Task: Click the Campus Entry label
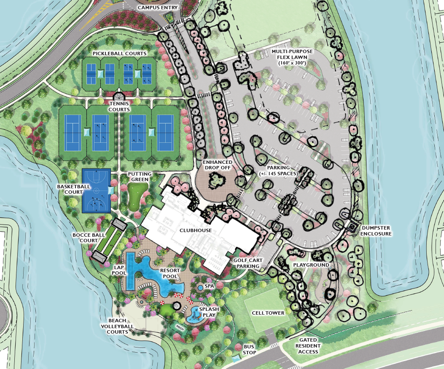click(158, 8)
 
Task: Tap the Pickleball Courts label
click(120, 53)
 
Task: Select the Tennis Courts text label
click(119, 107)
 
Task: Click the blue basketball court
click(96, 190)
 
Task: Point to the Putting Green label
click(139, 176)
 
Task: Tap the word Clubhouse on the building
click(195, 230)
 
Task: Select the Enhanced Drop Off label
click(218, 165)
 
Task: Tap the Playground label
click(311, 265)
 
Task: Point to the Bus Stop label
click(249, 349)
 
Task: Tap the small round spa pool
click(200, 288)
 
